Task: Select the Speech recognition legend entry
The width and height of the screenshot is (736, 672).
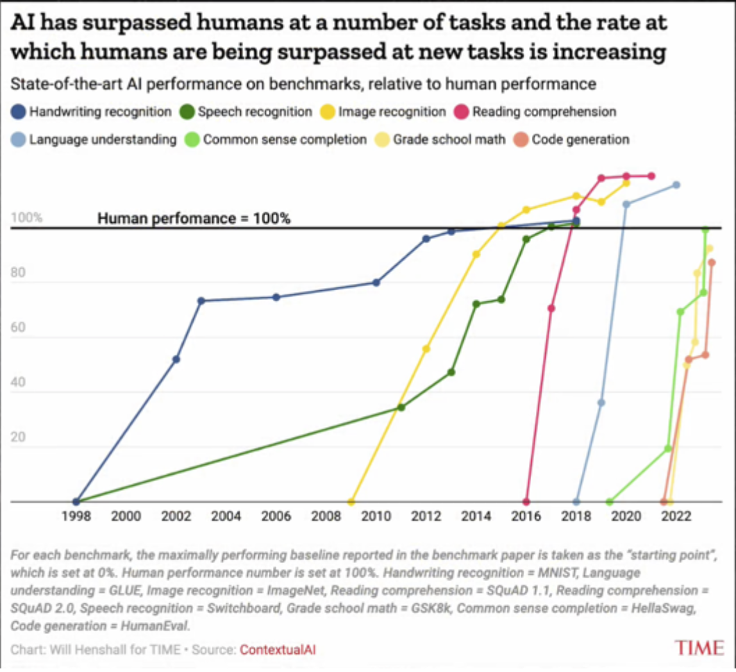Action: coord(246,111)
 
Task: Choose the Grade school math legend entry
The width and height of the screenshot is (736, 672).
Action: coord(442,140)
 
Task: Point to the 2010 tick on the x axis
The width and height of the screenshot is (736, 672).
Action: coord(376,516)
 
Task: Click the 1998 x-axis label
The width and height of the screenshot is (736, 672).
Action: coord(76,516)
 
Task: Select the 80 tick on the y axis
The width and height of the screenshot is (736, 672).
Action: coord(19,274)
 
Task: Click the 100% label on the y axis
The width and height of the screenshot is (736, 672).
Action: coord(26,218)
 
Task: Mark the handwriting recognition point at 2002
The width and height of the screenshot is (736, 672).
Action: coord(176,359)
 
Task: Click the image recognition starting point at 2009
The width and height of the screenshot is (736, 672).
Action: coord(351,501)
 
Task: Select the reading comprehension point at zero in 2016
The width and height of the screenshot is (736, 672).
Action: coord(526,501)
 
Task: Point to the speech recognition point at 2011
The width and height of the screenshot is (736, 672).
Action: coord(401,407)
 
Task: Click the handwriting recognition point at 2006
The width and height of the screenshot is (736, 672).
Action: coord(276,297)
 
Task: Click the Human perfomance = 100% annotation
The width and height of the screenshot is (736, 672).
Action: coord(194,218)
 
